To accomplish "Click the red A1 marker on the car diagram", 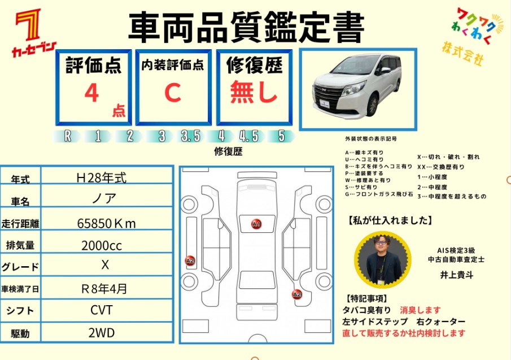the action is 256,224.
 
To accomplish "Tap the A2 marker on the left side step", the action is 190,261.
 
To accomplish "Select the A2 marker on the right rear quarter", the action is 297,295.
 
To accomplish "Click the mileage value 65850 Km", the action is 106,223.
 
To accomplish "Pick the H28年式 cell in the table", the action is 101,177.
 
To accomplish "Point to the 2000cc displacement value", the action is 102,245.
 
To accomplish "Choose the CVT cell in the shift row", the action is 102,310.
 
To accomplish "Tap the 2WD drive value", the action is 102,333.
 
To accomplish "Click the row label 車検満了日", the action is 20,289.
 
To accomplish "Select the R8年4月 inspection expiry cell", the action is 104,289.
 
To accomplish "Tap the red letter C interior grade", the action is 173,92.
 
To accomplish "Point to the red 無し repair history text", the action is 254,92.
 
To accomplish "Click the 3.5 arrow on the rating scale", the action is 191,136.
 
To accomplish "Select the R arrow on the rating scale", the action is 67,136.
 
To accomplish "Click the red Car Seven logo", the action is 33,33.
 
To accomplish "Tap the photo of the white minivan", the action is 358,89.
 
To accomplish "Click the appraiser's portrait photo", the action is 383,260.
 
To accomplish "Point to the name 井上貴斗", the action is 457,275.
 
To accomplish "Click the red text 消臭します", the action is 420,310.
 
